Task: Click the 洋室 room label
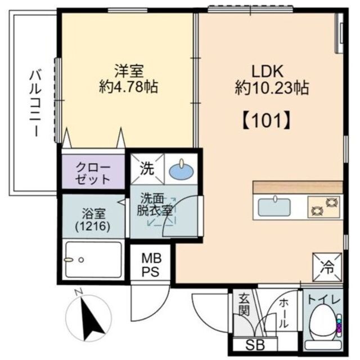[129, 71]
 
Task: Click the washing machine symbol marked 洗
[146, 167]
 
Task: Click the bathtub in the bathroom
[93, 260]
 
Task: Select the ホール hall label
[283, 313]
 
